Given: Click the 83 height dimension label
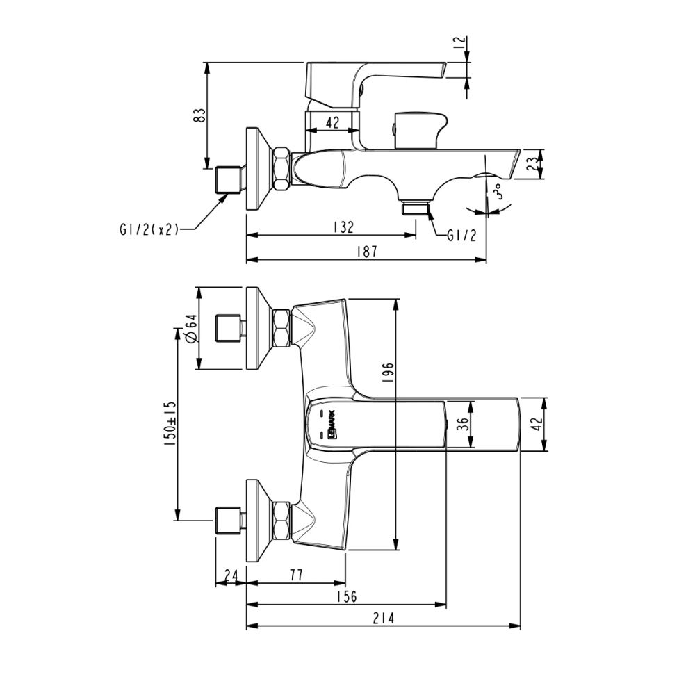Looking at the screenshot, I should click(199, 115).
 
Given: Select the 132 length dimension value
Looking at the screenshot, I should click(343, 227).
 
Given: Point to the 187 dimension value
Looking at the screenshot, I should click(366, 252).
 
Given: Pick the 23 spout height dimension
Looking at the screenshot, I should click(530, 164).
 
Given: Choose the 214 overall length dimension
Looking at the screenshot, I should click(383, 618).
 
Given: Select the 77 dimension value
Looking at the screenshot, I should click(296, 575).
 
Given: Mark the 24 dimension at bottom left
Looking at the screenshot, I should click(231, 575).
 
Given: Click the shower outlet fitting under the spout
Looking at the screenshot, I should click(415, 207).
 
